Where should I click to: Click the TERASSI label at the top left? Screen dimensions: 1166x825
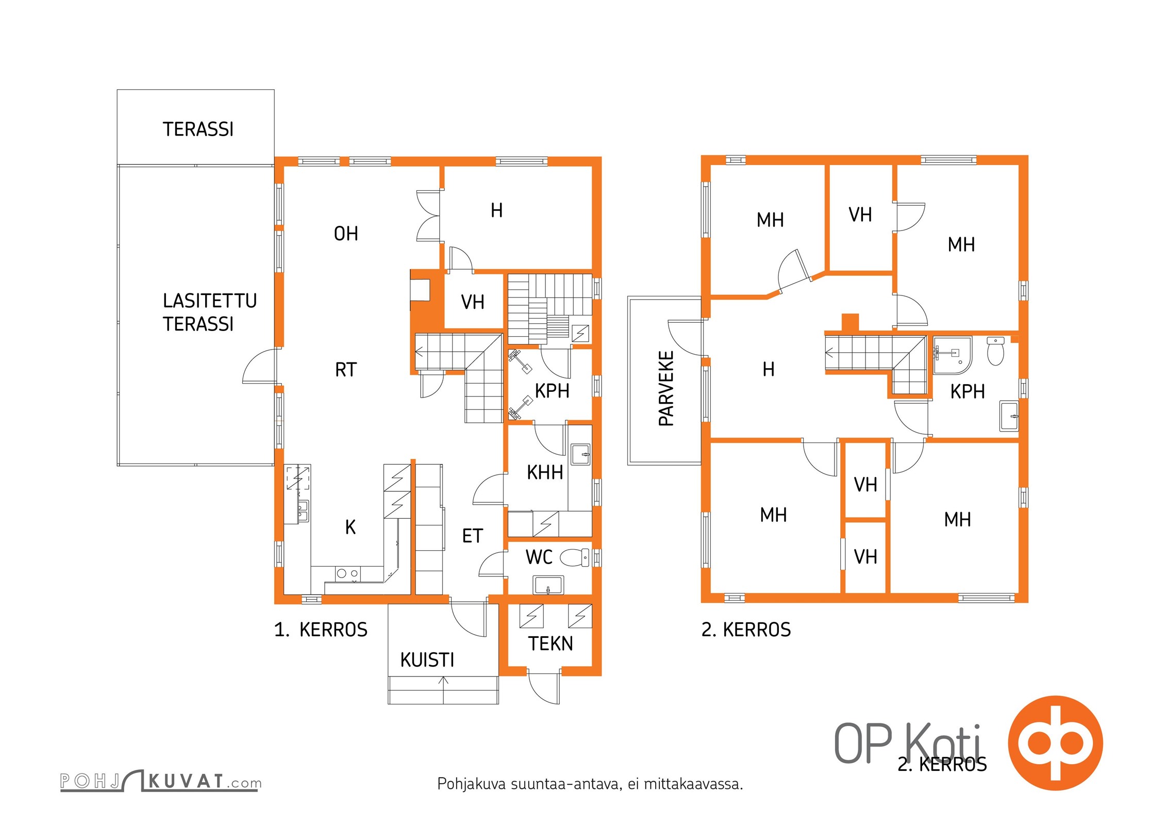pos(198,129)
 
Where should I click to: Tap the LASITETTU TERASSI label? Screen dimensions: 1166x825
pos(209,312)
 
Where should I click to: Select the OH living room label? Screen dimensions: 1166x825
pos(346,234)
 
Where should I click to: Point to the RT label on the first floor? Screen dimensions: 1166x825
pos(345,370)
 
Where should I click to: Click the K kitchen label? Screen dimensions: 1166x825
pos(351,527)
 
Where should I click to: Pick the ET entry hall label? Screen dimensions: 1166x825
pos(472,536)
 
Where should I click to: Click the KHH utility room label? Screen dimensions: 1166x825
pos(545,472)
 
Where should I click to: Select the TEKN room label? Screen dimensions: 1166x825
pos(550,643)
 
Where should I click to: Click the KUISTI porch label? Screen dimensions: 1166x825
pos(427,660)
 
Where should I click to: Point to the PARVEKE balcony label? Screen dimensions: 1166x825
pos(667,388)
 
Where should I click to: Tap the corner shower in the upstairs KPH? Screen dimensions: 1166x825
pos(952,355)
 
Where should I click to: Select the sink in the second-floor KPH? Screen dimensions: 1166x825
pos(1009,416)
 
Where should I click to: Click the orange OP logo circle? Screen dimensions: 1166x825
pos(1055,743)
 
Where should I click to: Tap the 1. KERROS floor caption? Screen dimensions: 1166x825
pos(321,630)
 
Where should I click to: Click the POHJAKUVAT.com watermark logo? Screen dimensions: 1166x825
pos(160,781)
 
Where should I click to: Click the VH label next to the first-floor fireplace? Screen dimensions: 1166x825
pos(473,302)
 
